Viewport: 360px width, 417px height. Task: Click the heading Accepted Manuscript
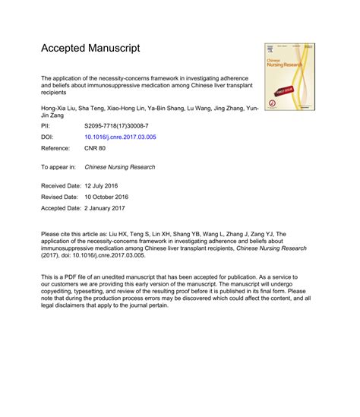click(x=90, y=49)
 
